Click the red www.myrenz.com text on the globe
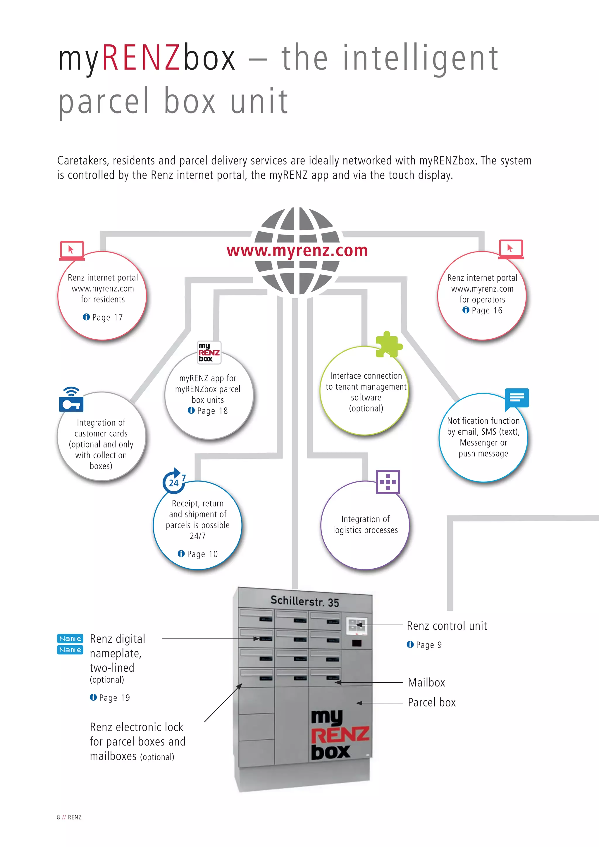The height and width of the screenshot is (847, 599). coord(297,250)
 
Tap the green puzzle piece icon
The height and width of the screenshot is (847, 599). coord(388,345)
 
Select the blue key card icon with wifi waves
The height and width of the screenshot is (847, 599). coord(71,400)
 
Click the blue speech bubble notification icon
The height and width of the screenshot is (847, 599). coord(517,398)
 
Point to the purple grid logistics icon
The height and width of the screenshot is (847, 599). coord(388,482)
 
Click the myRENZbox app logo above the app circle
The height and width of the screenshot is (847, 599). coord(209,352)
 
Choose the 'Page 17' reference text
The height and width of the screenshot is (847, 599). coord(107,318)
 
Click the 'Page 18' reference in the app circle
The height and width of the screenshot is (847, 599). coord(212,411)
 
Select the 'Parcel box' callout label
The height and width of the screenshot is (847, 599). coord(431,703)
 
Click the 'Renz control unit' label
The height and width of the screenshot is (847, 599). coord(447,626)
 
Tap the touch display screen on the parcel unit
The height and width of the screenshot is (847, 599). coord(357,626)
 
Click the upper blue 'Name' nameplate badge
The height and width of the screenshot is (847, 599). coord(70,638)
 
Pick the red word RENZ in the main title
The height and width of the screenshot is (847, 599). coord(140,58)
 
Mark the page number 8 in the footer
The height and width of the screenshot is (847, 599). coord(58,817)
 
